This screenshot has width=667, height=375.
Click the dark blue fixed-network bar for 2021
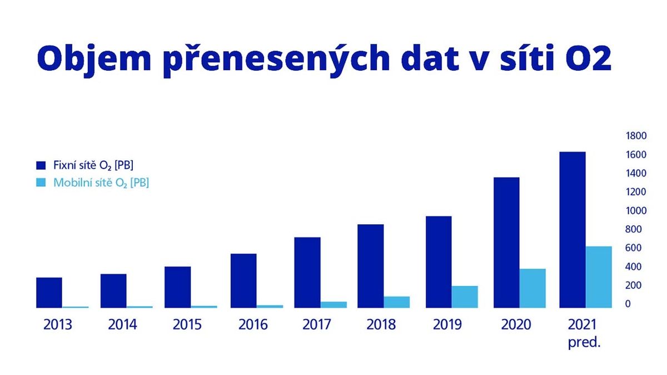coord(573,230)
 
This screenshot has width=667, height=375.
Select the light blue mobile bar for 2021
coord(599,277)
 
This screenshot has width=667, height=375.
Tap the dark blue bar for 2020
coord(506,243)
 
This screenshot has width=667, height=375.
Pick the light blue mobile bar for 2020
coord(532,288)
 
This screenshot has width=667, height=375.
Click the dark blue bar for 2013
coord(49,293)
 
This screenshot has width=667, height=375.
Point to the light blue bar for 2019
coord(465,297)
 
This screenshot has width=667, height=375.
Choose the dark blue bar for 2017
coord(307,273)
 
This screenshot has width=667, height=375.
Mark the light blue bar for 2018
coord(397,302)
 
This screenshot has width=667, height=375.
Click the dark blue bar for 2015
coord(178,287)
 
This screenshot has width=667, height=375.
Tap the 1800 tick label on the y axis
coord(636,136)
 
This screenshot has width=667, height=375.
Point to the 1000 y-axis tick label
coord(636,211)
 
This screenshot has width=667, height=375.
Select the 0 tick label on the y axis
coord(628,304)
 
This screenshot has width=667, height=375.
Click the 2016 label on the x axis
coord(253,324)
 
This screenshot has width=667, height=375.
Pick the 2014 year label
coord(122,324)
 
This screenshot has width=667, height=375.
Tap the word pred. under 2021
coord(584,343)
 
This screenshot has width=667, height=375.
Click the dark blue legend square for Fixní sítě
coord(41,165)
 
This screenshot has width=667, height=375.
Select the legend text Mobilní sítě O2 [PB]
coord(101,182)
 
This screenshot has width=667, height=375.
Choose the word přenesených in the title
coord(277,60)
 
